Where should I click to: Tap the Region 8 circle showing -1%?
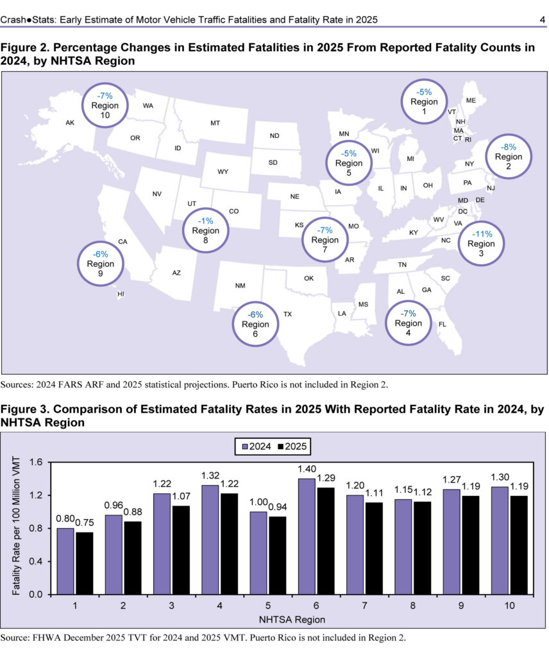205,230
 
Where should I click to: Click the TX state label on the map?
288,314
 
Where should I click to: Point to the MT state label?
215,123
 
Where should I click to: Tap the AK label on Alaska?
71,123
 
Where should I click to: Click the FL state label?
442,324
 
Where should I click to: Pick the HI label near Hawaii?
120,294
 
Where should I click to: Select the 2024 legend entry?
253,445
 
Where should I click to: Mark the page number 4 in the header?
542,20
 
